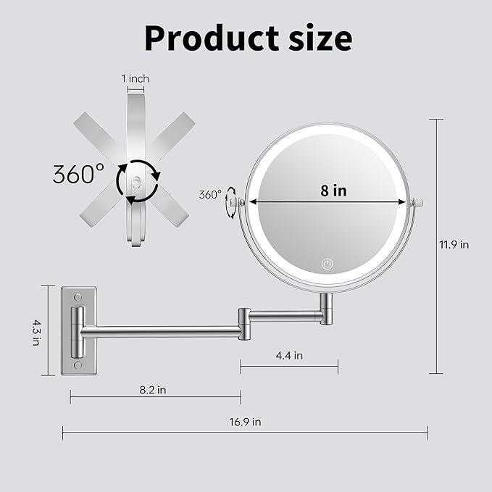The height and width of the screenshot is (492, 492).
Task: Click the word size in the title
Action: point(320,38)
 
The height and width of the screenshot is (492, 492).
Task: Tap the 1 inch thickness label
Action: point(135,78)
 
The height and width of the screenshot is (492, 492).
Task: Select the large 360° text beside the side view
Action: point(78,174)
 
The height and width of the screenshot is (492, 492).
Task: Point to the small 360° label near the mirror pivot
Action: point(210,194)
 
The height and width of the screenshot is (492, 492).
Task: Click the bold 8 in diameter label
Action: point(333,191)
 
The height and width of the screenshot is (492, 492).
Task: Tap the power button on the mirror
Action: point(328,264)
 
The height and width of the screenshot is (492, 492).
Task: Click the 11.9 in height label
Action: point(454,244)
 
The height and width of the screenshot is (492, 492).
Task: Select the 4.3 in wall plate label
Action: point(37,333)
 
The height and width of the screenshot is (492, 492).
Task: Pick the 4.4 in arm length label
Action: point(289,356)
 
